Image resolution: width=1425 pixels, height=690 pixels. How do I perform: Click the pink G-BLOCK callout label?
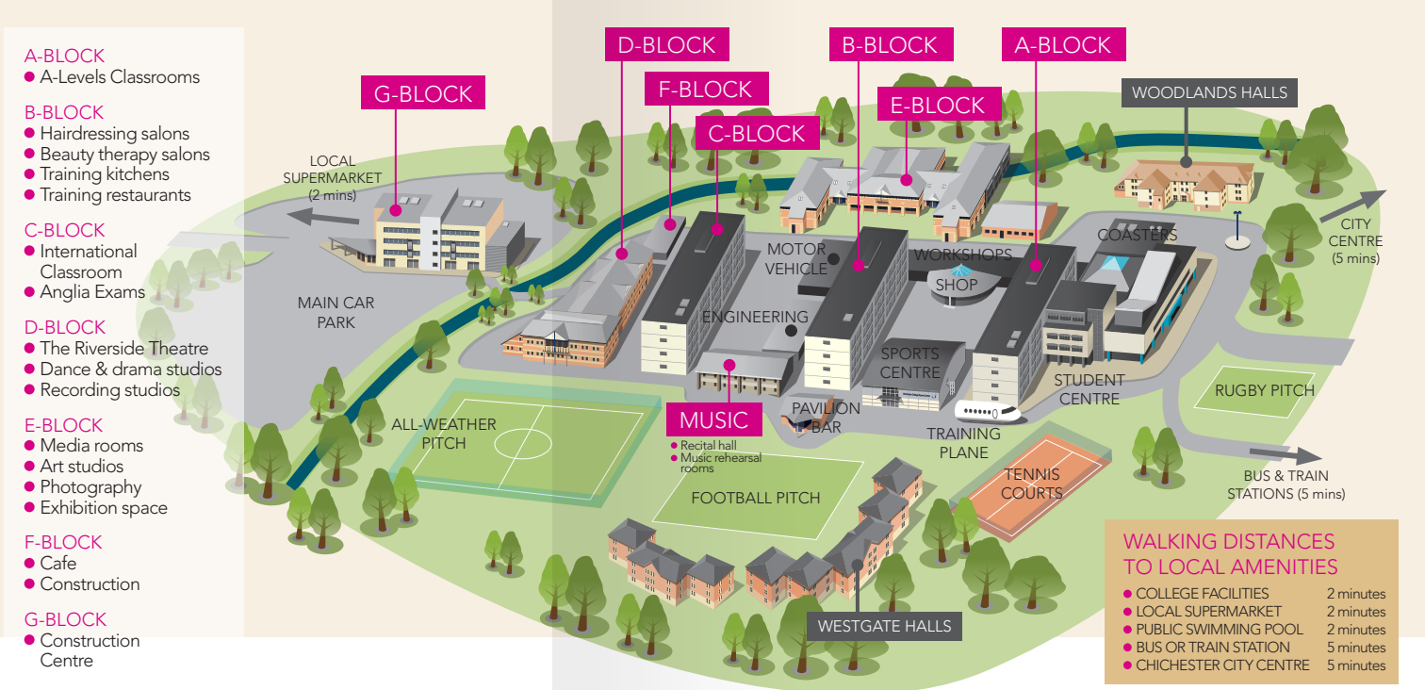click(x=423, y=93)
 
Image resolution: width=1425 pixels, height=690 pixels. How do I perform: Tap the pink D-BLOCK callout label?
click(x=666, y=44)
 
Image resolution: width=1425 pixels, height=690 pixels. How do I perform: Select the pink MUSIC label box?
click(x=713, y=419)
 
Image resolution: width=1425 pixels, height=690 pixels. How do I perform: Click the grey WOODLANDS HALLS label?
click(x=1209, y=92)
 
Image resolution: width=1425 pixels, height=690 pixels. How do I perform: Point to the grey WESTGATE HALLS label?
click(x=884, y=626)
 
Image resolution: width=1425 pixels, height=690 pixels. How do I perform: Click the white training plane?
click(x=989, y=412)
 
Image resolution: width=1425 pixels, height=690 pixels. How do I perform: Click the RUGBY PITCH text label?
click(x=1251, y=390)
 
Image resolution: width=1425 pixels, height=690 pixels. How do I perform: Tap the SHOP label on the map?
click(x=957, y=284)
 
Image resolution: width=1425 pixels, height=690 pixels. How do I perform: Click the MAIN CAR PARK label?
click(x=336, y=312)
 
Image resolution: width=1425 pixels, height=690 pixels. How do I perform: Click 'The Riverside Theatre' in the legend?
click(x=123, y=349)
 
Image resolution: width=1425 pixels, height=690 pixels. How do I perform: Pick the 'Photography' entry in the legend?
click(x=90, y=487)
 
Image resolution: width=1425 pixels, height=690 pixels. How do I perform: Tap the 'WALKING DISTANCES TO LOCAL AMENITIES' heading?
click(x=1230, y=553)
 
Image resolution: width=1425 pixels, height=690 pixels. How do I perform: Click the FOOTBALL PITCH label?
click(x=756, y=498)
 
